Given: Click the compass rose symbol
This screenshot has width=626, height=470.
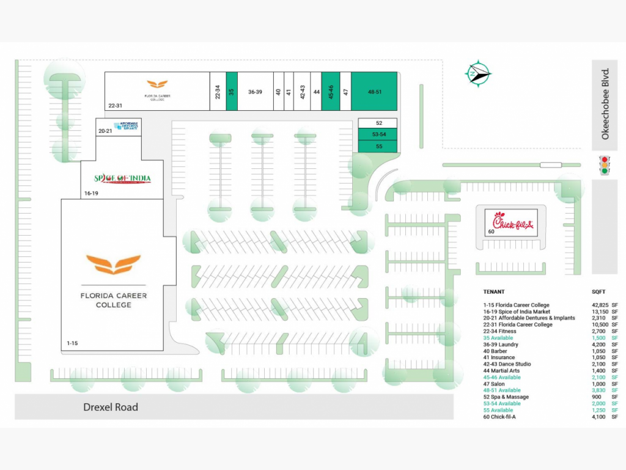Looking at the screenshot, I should (477, 74).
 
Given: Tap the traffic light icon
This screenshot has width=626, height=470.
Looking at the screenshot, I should (605, 165).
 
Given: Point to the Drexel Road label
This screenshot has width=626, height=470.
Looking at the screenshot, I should (111, 407).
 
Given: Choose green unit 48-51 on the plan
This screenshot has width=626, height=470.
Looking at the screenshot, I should (375, 92).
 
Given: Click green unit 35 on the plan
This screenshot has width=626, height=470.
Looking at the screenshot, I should (232, 92).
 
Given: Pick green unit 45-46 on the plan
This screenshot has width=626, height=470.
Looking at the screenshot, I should (330, 92).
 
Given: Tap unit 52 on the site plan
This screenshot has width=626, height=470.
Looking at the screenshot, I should (378, 123).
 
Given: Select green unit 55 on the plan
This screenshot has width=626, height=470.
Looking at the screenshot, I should (378, 146).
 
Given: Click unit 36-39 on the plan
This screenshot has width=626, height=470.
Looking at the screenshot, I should (255, 92).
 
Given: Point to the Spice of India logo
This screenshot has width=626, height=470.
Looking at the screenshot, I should (122, 179).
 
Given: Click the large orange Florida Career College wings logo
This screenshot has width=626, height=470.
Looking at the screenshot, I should (113, 264).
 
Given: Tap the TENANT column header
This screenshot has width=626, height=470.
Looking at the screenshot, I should (494, 292).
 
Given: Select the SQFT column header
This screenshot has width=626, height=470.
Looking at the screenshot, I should (598, 292).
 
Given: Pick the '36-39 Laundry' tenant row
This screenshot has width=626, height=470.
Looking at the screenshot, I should (501, 345).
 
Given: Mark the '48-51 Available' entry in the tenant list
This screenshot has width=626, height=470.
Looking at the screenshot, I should (502, 390).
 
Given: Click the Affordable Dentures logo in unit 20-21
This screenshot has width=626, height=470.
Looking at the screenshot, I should (126, 125).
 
